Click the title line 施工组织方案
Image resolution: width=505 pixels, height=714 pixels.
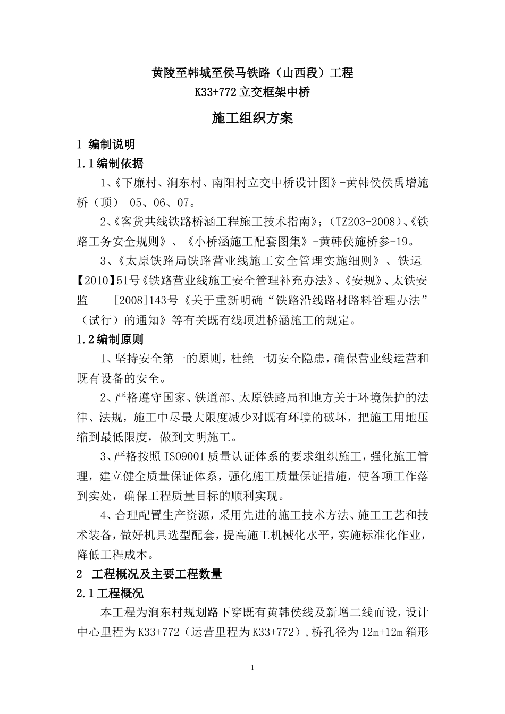pyautogui.click(x=252, y=118)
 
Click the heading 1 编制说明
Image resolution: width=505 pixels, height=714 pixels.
pyautogui.click(x=106, y=144)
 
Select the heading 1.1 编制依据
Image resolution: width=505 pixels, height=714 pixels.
pyautogui.click(x=110, y=163)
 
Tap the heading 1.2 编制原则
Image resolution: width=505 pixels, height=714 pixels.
pyautogui.click(x=110, y=338)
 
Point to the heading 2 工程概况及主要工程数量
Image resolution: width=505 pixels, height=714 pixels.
pyautogui.click(x=149, y=574)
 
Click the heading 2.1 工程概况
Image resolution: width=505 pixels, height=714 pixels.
pyautogui.click(x=110, y=593)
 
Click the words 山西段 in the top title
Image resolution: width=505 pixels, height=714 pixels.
pyautogui.click(x=302, y=73)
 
